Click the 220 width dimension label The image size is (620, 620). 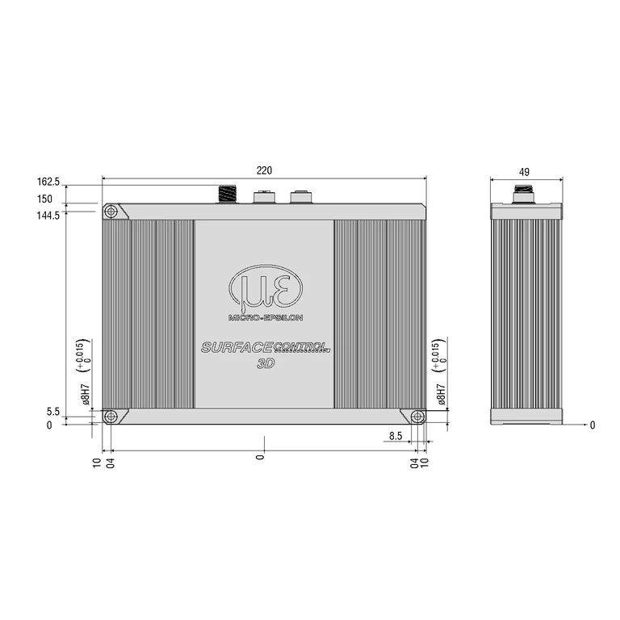click(x=264, y=170)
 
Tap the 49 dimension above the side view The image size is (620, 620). click(x=524, y=172)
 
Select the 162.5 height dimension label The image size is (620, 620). click(x=48, y=182)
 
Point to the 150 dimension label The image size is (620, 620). click(x=44, y=199)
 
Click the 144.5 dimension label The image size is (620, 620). click(x=48, y=216)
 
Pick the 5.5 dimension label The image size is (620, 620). click(x=53, y=412)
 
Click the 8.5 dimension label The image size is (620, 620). click(x=396, y=436)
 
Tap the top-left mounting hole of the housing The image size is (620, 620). click(x=111, y=212)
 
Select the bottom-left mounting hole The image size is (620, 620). click(x=111, y=417)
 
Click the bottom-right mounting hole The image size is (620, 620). click(x=417, y=417)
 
